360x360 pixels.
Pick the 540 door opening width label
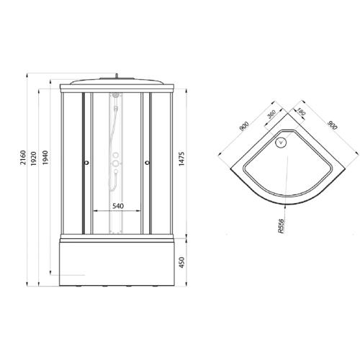117,206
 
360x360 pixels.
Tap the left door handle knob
86,163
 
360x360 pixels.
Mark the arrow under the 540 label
117,212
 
